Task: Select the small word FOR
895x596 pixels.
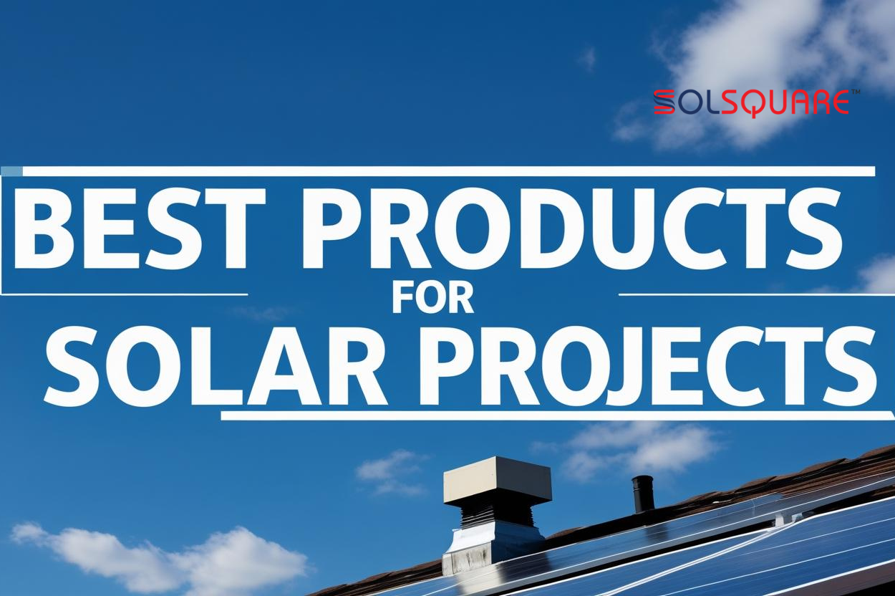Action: point(432,297)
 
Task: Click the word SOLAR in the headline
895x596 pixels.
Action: point(215,365)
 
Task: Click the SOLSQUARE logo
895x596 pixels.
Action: point(752,103)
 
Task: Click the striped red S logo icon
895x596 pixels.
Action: point(665,103)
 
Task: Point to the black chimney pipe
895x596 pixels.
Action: point(643,494)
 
